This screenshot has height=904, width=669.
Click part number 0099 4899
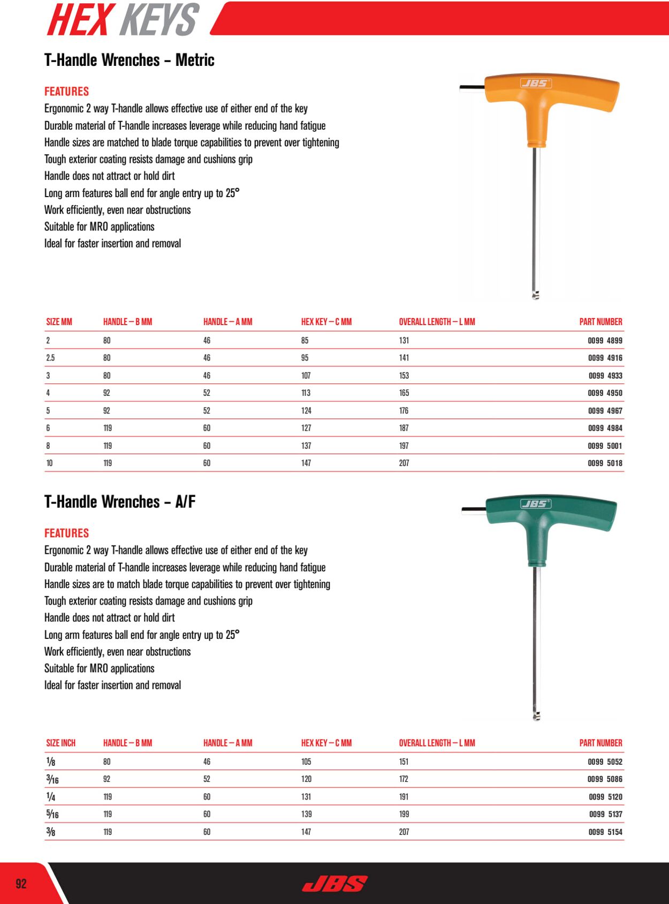pos(605,341)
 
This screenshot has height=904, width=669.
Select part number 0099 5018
pos(605,463)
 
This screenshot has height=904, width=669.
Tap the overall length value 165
pos(404,393)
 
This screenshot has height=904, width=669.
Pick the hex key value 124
pos(306,411)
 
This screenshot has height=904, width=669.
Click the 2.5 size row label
pos(50,358)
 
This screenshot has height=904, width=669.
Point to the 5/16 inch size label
pos(52,815)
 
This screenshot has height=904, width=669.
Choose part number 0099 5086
pos(605,779)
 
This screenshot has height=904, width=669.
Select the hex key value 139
pos(306,814)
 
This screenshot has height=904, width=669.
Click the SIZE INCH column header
pos(61,743)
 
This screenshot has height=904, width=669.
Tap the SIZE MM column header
pos(59,322)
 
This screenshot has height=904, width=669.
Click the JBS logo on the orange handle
pos(536,83)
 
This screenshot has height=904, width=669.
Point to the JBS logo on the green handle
pos(536,504)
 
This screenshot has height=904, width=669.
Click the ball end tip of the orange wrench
pos(536,295)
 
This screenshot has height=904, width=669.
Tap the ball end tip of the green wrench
pos(537,716)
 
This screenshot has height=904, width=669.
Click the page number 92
pos(21,884)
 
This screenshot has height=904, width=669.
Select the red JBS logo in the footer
pos(335,884)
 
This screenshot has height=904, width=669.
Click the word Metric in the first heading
pos(195,60)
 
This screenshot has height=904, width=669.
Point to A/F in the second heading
pos(185,502)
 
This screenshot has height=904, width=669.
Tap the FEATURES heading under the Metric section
pos(66,92)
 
